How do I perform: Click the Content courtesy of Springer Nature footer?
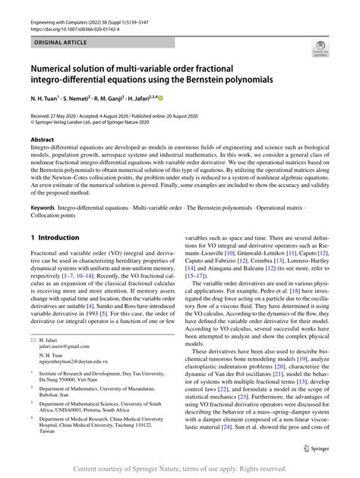[179, 469]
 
